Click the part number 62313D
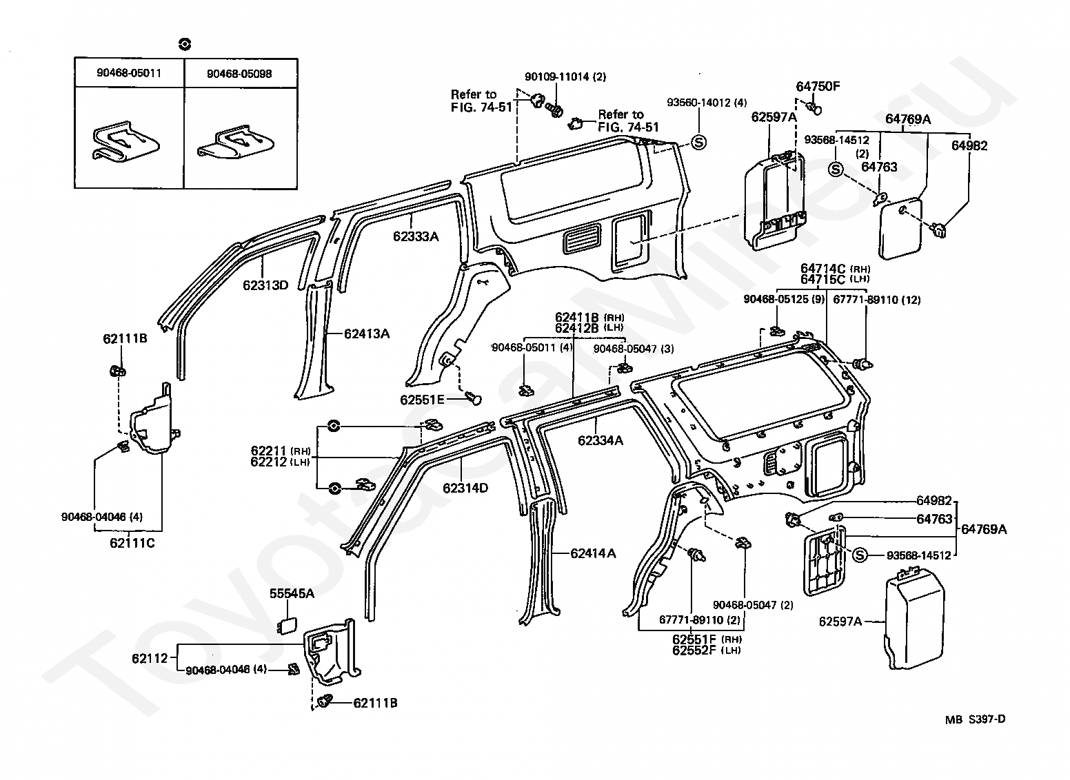pos(265,285)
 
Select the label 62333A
pos(416,236)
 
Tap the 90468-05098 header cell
pos(239,74)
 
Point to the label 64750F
pos(818,86)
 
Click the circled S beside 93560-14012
pos(699,142)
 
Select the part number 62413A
pos(367,333)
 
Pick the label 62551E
pos(422,400)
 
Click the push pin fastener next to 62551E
pos(472,398)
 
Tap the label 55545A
pos(292,593)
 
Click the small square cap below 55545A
pos(287,625)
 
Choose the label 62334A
pos(600,440)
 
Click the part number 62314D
pos(465,488)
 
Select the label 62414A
pos(594,553)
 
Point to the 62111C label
pos(132,543)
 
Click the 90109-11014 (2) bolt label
pos(565,77)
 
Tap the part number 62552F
pos(694,650)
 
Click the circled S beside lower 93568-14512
pos(860,555)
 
